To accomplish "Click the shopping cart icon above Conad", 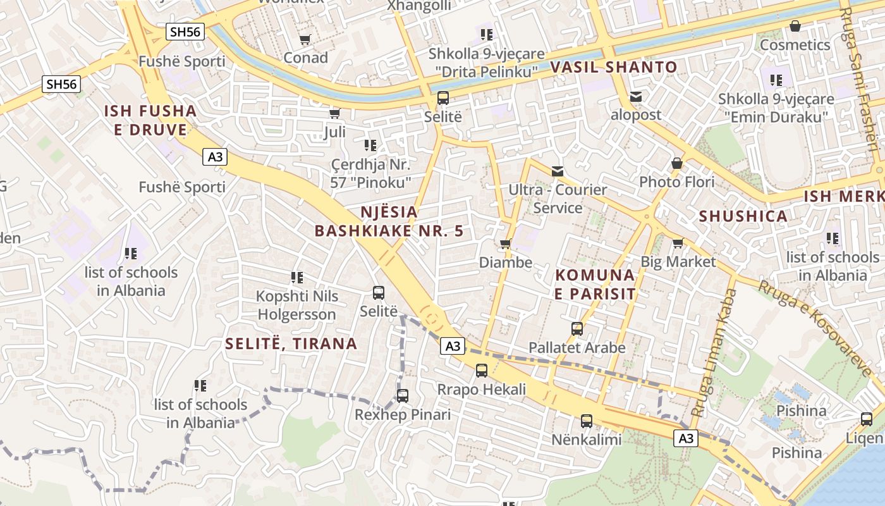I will point(305,39).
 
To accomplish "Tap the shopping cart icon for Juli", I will point(334,114).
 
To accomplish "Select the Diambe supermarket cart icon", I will point(504,244).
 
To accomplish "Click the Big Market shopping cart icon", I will point(678,244).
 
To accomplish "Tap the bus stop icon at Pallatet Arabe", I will point(577,329).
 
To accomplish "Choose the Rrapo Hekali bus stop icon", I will point(482,371).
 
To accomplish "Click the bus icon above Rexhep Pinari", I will point(403,396).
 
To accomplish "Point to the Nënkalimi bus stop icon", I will point(587,421).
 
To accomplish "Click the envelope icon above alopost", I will point(635,97).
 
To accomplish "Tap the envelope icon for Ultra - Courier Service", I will point(558,171).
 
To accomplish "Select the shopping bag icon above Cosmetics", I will point(795,27).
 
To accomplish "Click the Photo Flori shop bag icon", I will point(677,164).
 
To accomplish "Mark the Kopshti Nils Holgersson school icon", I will point(297,278).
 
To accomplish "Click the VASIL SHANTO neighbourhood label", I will point(613,67).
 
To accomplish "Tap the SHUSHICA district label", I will point(743,216).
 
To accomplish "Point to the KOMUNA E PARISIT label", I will point(595,285).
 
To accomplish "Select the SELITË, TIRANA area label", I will point(291,343).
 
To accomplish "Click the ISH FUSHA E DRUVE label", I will point(150,120).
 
